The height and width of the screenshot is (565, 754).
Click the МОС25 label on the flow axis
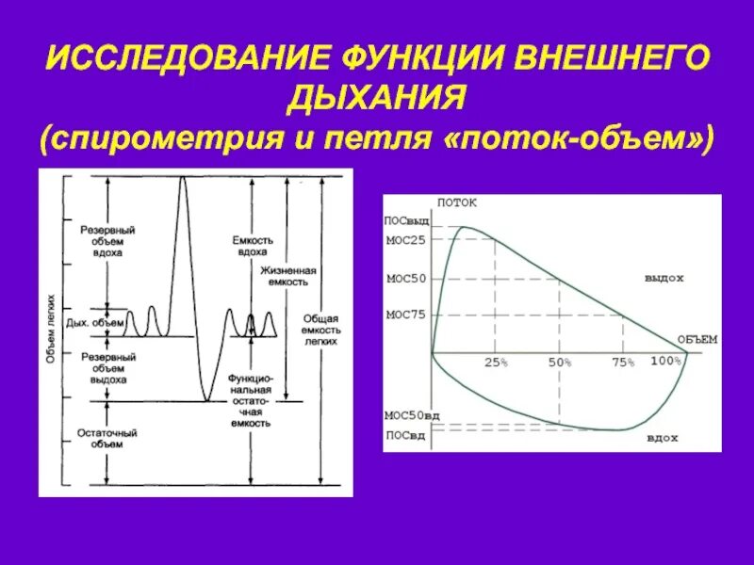click(x=406, y=240)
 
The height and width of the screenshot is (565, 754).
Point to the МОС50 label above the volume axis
click(x=406, y=279)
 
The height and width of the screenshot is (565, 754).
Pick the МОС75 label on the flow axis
click(x=406, y=315)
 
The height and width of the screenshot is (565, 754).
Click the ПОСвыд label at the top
click(x=406, y=220)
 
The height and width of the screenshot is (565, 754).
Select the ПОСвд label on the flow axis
click(x=406, y=434)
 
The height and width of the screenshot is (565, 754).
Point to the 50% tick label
click(x=560, y=363)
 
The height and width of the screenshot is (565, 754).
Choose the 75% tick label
click(x=623, y=363)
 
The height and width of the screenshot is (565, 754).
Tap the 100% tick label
click(x=665, y=362)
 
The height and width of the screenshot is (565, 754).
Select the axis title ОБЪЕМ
click(x=697, y=339)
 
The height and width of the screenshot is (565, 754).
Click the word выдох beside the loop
click(x=664, y=279)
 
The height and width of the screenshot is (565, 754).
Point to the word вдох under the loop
click(x=663, y=439)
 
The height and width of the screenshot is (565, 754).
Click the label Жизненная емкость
click(x=289, y=275)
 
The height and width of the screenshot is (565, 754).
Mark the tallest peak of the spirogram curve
click(x=182, y=178)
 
